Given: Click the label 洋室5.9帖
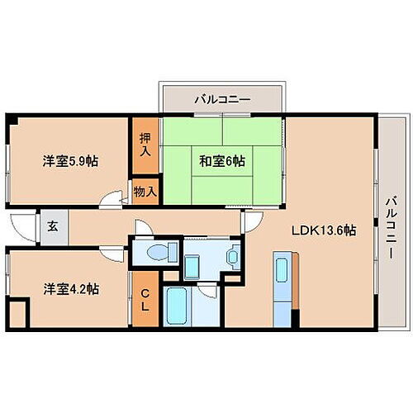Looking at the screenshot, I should (x=69, y=162).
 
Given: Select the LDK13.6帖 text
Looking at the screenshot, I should (x=322, y=231).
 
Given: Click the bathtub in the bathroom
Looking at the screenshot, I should (x=178, y=308).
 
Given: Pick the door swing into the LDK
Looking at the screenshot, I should (x=252, y=220).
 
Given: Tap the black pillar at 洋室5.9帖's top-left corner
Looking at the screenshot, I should (x=11, y=121).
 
